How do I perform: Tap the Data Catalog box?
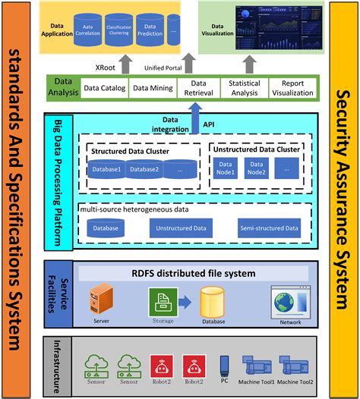(104, 89)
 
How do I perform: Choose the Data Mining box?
(151, 89)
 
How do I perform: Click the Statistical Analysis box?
(245, 89)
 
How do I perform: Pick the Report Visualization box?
(292, 89)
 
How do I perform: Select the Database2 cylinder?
(143, 170)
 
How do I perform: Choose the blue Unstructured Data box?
(182, 227)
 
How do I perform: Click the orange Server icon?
(100, 299)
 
